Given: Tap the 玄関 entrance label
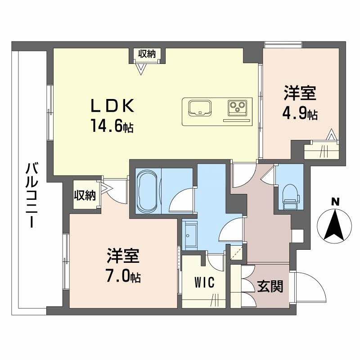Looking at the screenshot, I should (270, 286).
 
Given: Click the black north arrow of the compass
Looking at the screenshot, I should (334, 225).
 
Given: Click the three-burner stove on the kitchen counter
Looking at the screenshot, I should (237, 108).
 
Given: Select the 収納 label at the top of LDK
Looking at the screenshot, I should (147, 54).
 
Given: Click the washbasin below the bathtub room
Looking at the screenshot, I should (189, 234).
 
